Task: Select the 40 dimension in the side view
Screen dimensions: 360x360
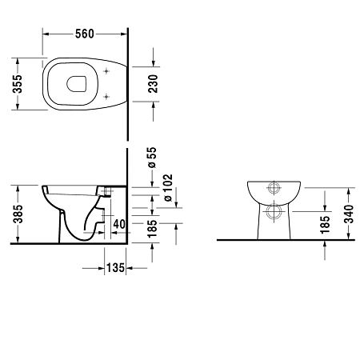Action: click(x=118, y=223)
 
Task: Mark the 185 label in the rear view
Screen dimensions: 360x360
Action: click(x=325, y=224)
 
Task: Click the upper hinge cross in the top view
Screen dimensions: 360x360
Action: click(x=106, y=70)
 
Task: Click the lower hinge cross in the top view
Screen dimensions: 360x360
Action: click(x=106, y=97)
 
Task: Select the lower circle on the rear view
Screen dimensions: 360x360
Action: click(x=274, y=213)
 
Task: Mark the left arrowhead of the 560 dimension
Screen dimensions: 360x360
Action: click(x=44, y=34)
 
